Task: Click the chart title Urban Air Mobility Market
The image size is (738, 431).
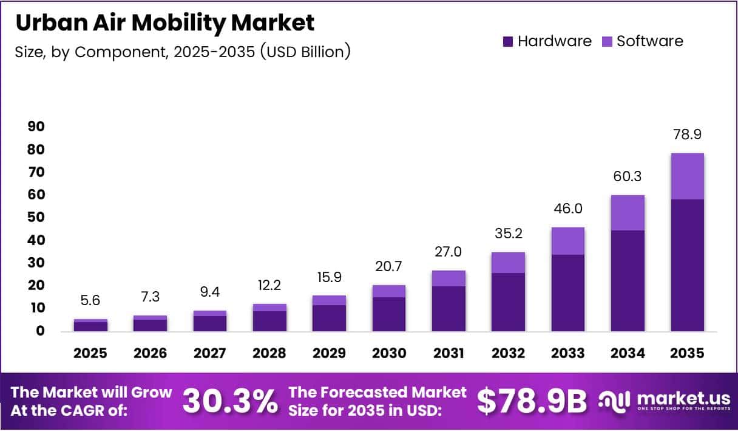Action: click(x=164, y=22)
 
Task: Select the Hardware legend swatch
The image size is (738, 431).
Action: click(x=507, y=41)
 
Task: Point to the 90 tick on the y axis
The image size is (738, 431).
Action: click(x=35, y=126)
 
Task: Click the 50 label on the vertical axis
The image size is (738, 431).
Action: click(x=35, y=218)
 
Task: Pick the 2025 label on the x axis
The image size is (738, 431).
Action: click(x=90, y=353)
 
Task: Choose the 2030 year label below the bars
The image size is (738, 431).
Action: click(x=389, y=353)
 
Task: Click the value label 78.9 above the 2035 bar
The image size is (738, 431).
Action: click(x=687, y=135)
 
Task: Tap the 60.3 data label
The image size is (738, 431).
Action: click(x=628, y=177)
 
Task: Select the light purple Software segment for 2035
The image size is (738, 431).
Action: click(x=687, y=176)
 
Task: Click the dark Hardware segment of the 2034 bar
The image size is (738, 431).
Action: click(x=628, y=281)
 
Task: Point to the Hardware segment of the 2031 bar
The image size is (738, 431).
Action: click(x=449, y=308)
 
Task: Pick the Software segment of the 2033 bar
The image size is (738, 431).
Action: click(x=568, y=241)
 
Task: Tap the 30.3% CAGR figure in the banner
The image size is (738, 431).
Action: click(x=230, y=401)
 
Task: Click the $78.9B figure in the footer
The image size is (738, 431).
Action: click(x=532, y=401)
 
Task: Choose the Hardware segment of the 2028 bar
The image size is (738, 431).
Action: click(x=269, y=321)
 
